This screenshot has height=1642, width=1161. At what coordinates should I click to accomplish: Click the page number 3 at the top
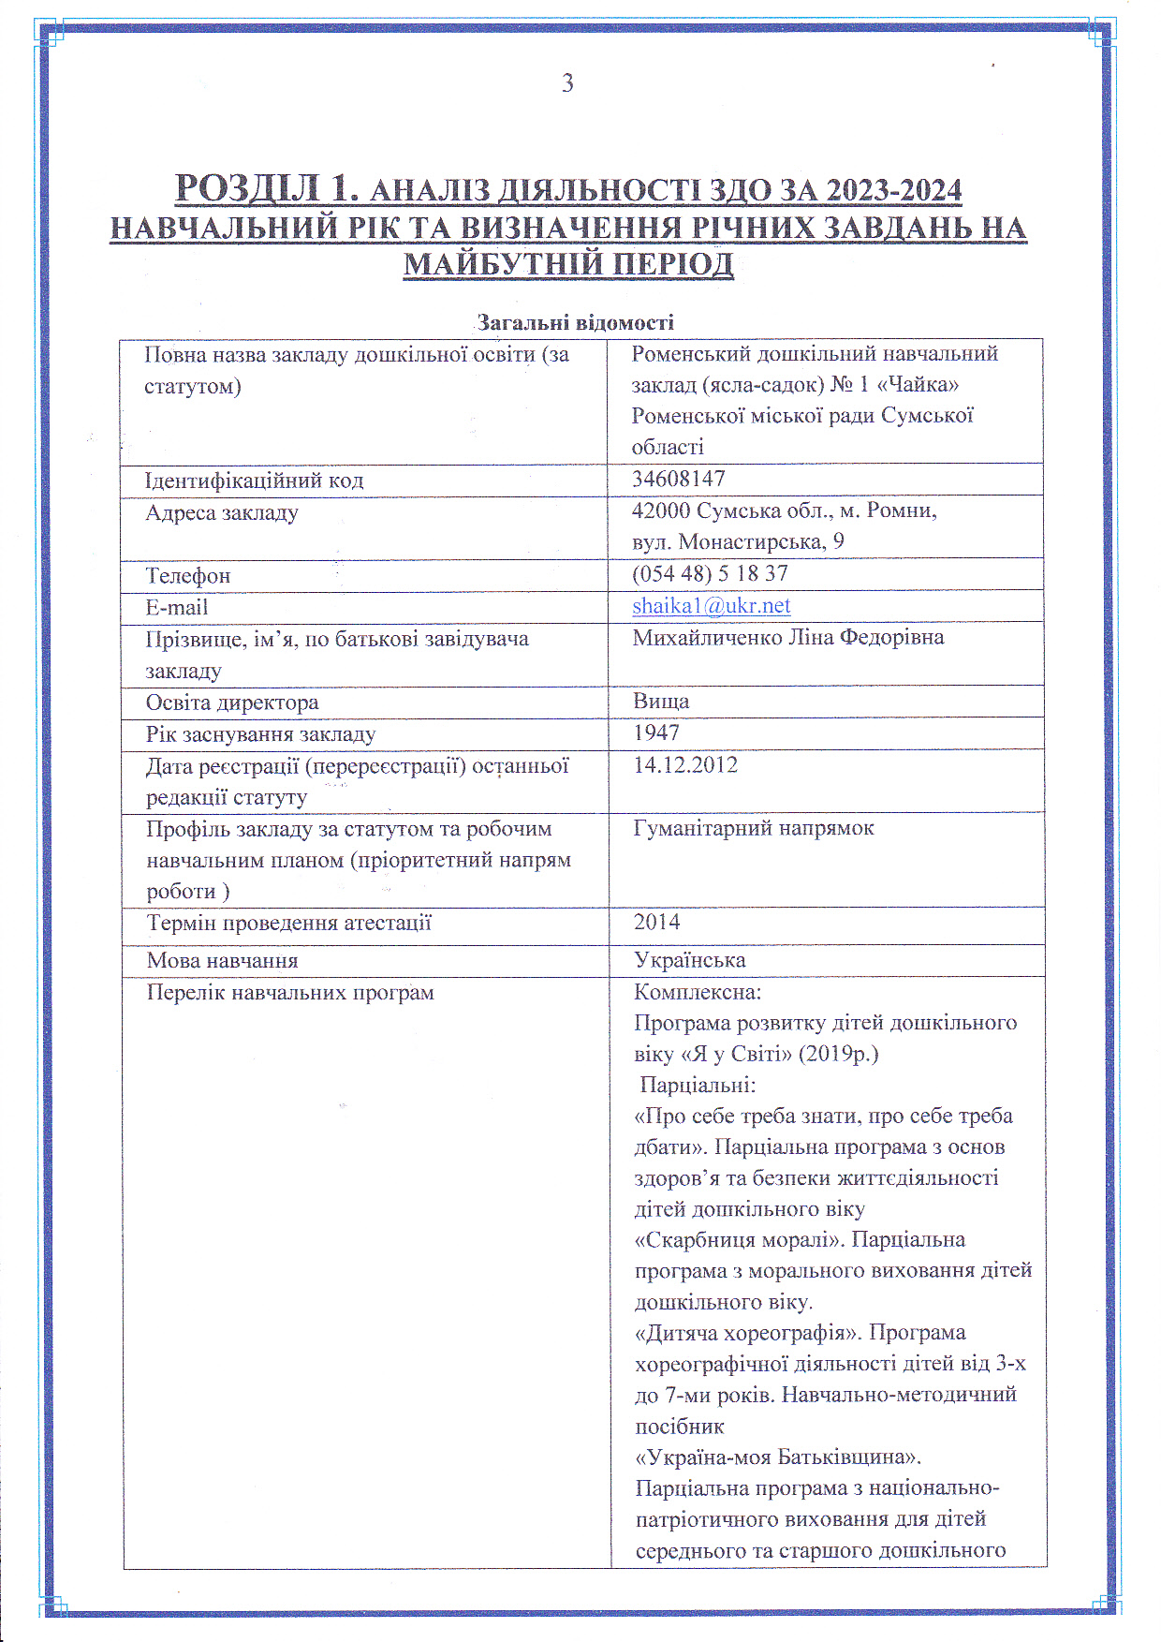click(x=567, y=83)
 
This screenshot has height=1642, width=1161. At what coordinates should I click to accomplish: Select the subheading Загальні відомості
click(x=575, y=323)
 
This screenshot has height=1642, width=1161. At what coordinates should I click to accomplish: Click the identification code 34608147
click(x=679, y=479)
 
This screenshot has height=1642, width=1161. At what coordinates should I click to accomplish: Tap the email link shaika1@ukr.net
click(x=711, y=605)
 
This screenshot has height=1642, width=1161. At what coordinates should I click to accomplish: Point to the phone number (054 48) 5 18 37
click(x=710, y=573)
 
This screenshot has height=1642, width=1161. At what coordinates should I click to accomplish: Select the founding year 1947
click(x=656, y=732)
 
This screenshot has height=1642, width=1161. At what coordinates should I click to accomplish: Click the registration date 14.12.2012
click(x=685, y=764)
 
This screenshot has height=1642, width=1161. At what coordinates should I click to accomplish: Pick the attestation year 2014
click(x=656, y=922)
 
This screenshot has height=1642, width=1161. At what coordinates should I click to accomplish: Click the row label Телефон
click(x=187, y=575)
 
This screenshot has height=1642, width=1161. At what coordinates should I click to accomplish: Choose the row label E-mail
click(x=176, y=607)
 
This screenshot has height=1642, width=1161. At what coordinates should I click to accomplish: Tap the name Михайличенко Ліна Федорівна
click(x=788, y=637)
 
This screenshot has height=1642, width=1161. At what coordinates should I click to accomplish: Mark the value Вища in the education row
click(x=661, y=701)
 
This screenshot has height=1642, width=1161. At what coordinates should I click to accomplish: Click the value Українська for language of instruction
click(x=689, y=960)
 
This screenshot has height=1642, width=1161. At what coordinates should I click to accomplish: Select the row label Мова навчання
click(x=222, y=960)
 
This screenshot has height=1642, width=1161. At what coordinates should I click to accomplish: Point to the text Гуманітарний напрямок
click(x=754, y=828)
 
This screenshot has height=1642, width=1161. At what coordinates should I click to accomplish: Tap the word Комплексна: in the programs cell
click(x=698, y=992)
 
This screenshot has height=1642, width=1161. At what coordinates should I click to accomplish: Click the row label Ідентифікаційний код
click(x=254, y=481)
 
